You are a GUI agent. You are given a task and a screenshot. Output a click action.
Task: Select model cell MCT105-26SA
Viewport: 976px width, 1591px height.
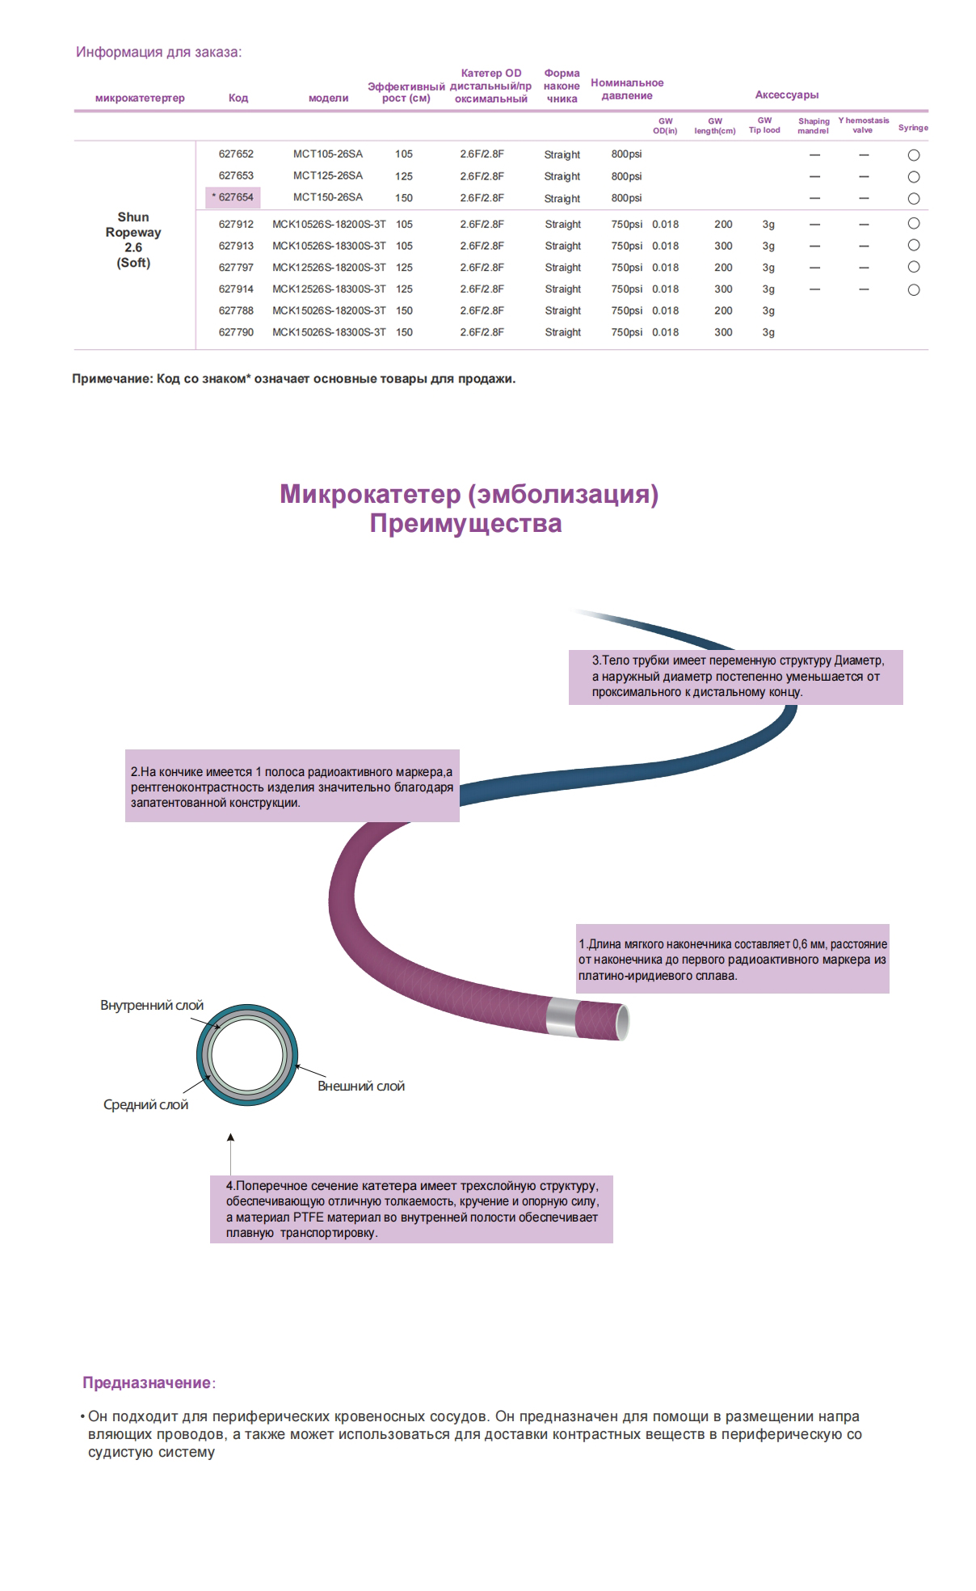(328, 154)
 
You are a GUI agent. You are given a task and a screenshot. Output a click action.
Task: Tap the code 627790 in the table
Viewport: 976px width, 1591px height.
(236, 332)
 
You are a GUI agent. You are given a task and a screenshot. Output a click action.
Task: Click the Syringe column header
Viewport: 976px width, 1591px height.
(913, 128)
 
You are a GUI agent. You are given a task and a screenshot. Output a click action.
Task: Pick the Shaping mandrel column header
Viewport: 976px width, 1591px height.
(814, 126)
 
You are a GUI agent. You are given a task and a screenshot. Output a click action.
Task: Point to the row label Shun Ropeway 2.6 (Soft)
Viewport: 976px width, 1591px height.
(133, 240)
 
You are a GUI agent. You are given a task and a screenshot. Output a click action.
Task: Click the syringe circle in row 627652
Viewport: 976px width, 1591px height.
(914, 155)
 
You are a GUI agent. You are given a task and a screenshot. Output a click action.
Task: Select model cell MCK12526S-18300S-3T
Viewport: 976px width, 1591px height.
(329, 289)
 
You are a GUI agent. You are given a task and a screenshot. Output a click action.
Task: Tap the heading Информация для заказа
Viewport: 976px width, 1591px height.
(159, 53)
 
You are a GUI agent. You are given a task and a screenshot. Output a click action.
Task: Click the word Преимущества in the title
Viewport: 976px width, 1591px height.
(465, 523)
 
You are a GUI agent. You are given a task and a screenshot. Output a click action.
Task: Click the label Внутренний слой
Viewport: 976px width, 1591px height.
(152, 1006)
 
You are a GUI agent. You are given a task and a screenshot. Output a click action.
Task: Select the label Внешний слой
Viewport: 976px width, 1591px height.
(361, 1087)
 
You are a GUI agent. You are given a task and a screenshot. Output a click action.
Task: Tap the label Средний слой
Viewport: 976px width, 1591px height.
(145, 1105)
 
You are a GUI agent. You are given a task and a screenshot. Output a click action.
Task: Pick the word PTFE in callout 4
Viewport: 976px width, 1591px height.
(303, 1218)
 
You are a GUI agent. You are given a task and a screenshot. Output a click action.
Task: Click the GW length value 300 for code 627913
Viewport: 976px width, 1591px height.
(723, 246)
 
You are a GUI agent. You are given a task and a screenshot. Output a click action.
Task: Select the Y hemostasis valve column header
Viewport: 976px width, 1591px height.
(863, 125)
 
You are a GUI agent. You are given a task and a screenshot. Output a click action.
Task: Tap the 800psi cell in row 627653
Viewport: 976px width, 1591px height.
(626, 176)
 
